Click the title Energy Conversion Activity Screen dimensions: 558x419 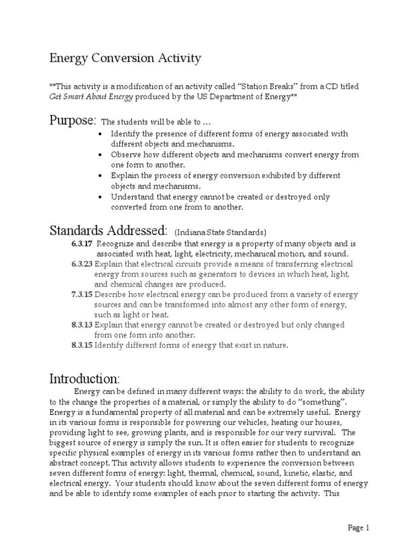(125, 58)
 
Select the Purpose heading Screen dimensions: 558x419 (73, 120)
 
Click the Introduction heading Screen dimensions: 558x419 (85, 378)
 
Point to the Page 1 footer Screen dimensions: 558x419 (359, 527)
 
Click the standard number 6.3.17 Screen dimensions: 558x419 (82, 244)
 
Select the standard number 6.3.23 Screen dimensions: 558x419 (82, 264)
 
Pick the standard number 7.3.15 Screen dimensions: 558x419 (82, 295)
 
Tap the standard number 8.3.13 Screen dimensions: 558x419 (82, 325)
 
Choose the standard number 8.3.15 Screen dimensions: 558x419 (82, 345)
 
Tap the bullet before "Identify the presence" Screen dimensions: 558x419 (100, 134)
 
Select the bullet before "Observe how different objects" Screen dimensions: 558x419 (100, 155)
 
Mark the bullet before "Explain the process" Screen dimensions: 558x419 (100, 175)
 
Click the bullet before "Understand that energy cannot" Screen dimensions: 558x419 (100, 197)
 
